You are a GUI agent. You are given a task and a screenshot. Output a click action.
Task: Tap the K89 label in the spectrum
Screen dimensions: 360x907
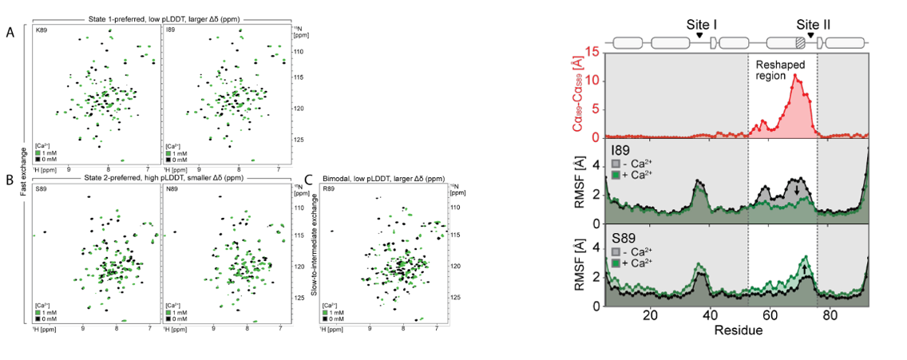click(x=41, y=31)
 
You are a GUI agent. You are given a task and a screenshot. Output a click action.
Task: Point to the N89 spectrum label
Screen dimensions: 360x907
click(x=172, y=189)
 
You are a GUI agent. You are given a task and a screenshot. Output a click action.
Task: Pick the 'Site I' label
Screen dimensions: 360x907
click(x=702, y=25)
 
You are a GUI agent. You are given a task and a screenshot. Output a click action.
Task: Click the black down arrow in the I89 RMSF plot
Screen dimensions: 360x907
click(x=796, y=190)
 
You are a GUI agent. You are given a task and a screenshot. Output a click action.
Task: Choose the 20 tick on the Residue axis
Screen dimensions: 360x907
click(x=650, y=315)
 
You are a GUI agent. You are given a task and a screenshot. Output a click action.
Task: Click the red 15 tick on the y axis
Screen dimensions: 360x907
click(x=595, y=53)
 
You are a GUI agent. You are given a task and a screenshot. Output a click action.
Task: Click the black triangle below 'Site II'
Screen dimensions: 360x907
click(x=811, y=35)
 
